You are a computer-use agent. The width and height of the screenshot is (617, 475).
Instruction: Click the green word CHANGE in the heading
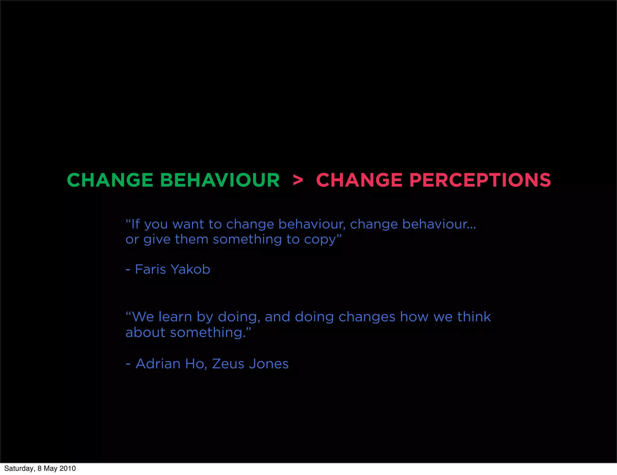[110, 180]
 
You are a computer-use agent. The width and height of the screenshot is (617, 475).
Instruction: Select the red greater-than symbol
[298, 180]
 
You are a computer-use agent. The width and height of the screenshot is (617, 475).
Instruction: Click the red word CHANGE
[359, 180]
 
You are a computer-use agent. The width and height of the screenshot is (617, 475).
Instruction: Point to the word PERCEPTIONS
[480, 180]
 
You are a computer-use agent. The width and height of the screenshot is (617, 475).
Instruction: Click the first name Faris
[150, 269]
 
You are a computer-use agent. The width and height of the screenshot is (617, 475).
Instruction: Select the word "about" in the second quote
[145, 333]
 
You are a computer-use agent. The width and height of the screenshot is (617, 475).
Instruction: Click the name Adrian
[158, 364]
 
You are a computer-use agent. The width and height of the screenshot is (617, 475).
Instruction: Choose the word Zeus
[228, 364]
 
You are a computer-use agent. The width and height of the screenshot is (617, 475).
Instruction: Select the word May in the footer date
[51, 469]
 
